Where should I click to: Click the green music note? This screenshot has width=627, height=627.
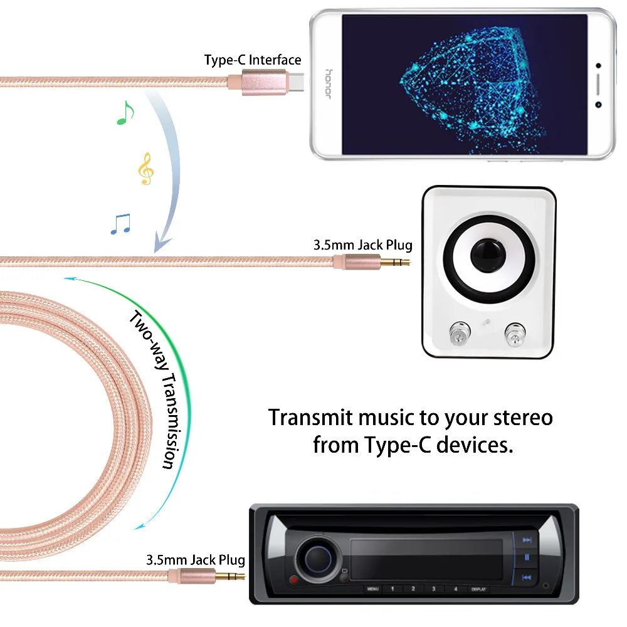pyautogui.click(x=126, y=113)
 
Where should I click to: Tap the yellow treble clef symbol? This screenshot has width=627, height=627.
pyautogui.click(x=145, y=169)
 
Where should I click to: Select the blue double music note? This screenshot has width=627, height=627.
pyautogui.click(x=120, y=224)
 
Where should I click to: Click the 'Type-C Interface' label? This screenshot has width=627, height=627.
pyautogui.click(x=253, y=60)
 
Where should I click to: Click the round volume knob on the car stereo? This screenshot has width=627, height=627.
pyautogui.click(x=318, y=556)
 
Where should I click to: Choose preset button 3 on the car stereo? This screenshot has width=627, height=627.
pyautogui.click(x=434, y=589)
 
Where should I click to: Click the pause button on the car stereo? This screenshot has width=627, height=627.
pyautogui.click(x=527, y=557)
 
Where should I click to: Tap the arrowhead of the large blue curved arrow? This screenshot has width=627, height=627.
pyautogui.click(x=162, y=243)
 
